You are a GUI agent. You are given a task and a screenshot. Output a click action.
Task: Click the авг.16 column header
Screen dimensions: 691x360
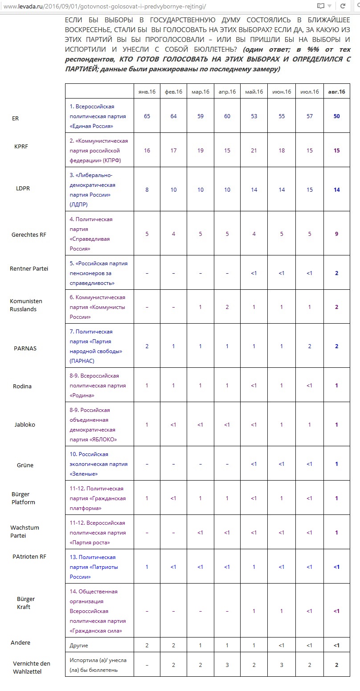click(336, 92)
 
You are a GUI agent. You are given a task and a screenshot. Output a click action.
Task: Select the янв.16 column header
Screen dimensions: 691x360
click(147, 92)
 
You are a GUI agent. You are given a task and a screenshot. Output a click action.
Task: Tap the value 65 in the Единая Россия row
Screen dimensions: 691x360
click(147, 116)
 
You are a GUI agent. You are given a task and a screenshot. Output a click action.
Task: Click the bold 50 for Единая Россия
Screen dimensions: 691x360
click(336, 116)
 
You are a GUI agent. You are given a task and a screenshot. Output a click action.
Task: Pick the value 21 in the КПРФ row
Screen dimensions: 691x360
click(254, 151)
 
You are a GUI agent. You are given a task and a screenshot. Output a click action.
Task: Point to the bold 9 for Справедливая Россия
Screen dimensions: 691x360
click(336, 234)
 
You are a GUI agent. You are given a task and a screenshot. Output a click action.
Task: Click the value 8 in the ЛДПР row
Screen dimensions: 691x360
click(147, 189)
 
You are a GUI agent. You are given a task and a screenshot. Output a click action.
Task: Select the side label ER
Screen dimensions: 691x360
click(16, 119)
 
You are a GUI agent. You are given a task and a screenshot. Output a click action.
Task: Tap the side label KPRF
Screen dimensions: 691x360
click(21, 146)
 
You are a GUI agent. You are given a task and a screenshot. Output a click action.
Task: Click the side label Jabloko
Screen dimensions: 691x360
click(25, 424)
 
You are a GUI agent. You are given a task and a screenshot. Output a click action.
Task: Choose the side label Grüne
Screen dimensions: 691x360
click(25, 465)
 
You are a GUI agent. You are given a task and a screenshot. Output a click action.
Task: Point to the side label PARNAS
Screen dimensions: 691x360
click(25, 348)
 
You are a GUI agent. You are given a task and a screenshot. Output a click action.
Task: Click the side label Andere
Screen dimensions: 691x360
click(20, 642)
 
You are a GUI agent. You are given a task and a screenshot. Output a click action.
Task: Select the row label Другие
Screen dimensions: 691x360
click(79, 645)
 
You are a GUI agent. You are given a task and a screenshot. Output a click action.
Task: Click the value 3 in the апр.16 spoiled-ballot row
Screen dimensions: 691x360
click(227, 665)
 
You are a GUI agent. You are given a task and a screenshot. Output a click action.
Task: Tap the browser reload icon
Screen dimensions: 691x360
click(343, 6)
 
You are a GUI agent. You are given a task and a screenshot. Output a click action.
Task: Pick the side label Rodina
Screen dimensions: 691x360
click(22, 386)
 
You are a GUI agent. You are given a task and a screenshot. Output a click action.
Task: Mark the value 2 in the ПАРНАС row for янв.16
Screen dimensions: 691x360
click(147, 346)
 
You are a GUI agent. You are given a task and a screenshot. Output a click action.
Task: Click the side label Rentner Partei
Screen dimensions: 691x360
click(29, 268)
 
